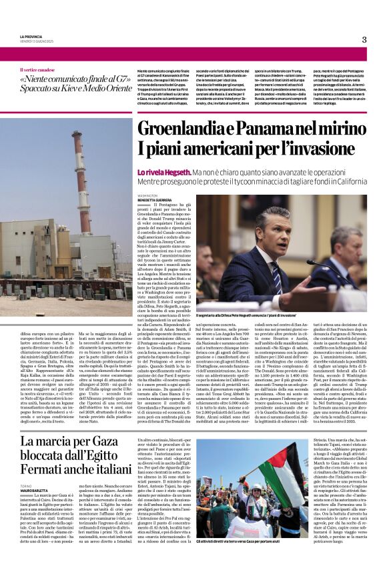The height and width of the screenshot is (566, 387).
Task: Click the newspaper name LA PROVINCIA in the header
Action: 31,36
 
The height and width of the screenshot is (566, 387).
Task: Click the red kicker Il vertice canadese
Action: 39,70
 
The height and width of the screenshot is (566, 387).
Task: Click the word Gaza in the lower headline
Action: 100,442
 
